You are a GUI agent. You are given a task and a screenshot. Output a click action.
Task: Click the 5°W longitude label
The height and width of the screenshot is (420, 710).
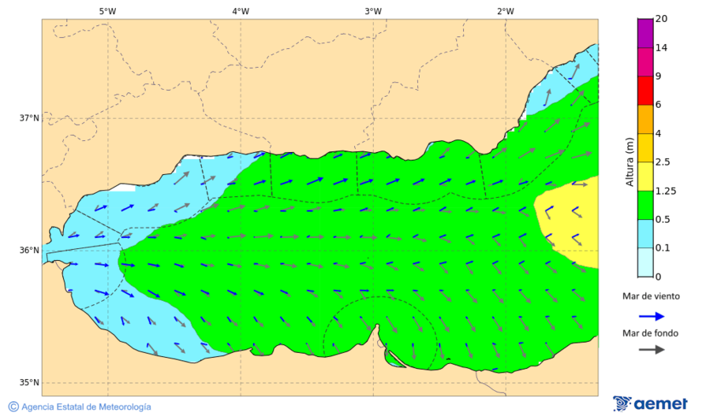click(107, 11)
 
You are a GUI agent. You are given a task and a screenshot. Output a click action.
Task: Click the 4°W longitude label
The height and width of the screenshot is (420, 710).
click(241, 11)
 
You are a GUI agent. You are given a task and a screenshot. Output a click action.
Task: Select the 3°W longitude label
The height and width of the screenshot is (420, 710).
click(373, 11)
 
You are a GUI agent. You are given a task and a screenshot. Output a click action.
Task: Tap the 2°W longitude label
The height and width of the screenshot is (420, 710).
click(506, 11)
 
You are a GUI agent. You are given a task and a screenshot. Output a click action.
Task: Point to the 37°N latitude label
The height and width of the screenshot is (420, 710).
click(29, 118)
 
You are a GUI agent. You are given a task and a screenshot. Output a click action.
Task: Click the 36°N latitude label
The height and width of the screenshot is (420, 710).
click(29, 251)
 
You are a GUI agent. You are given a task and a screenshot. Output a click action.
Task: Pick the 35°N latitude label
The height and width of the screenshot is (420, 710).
click(29, 383)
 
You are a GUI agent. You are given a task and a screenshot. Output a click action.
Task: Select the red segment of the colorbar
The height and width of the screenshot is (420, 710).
click(645, 91)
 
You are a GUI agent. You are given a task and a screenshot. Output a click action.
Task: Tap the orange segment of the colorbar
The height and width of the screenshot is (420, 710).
click(645, 119)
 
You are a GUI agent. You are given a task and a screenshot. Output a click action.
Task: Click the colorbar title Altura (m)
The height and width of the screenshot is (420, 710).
click(630, 162)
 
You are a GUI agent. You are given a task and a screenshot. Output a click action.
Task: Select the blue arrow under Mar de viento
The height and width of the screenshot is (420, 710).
click(650, 315)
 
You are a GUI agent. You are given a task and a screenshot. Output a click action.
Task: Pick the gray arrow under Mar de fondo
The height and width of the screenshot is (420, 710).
click(650, 349)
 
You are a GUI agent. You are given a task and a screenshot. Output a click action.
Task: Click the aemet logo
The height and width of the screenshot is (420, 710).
click(650, 403)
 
